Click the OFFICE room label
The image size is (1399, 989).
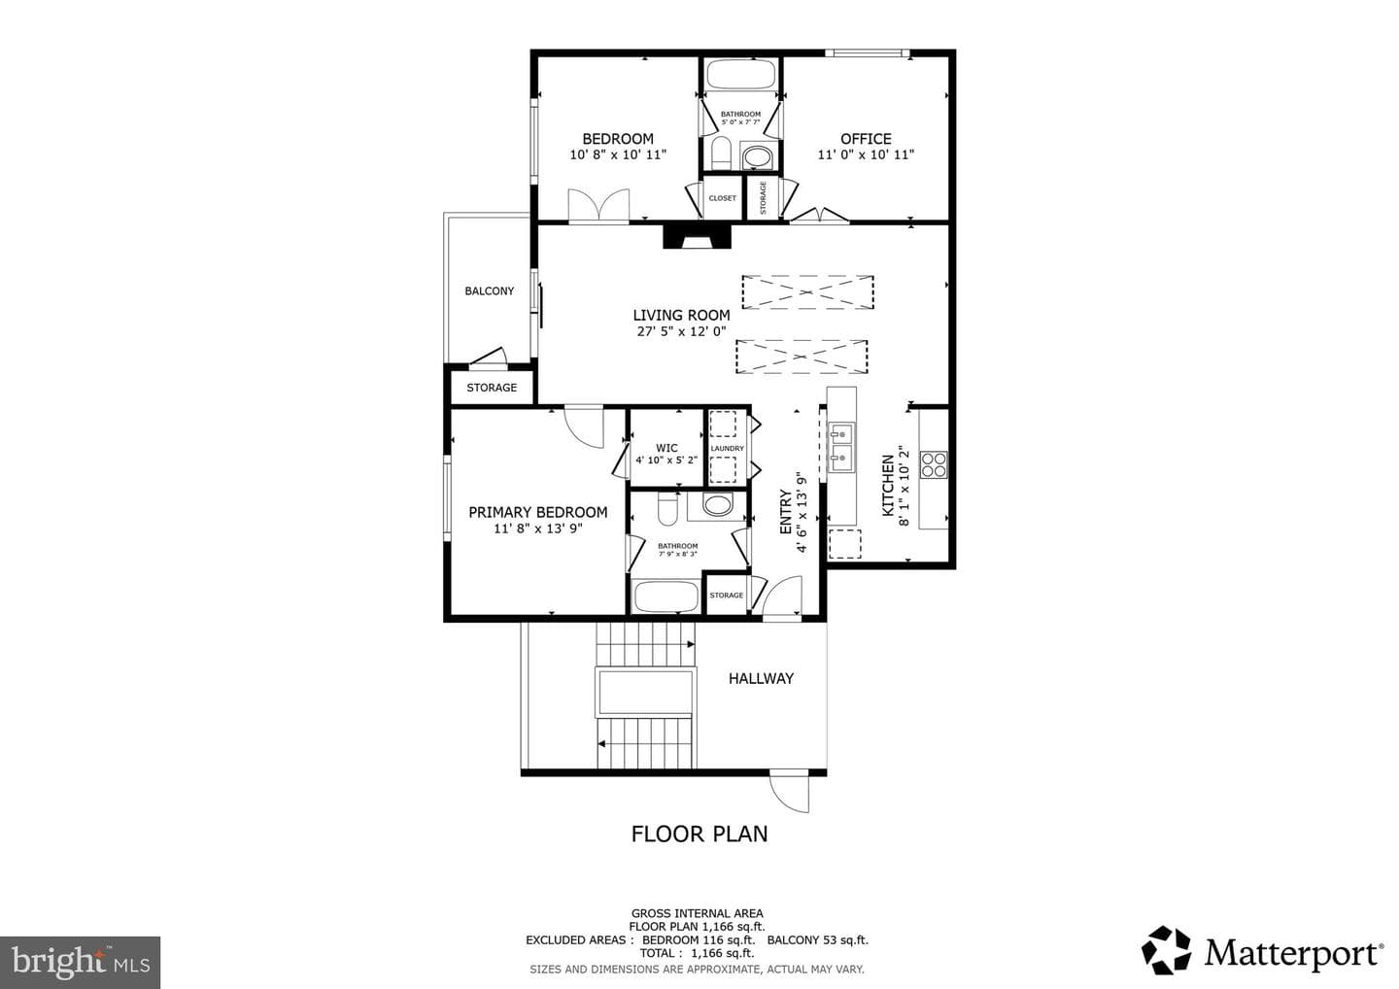point(866,139)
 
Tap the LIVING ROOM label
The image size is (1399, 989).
point(681,316)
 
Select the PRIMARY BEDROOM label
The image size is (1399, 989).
point(538,513)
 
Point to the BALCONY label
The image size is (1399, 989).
point(489,290)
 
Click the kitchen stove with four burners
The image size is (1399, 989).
point(934,465)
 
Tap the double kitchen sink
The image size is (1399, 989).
point(841,448)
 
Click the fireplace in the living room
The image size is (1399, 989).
point(697,237)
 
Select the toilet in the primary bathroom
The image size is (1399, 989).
point(667,509)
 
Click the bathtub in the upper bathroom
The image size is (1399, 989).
point(740,74)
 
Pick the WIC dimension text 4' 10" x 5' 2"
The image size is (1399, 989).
point(666,460)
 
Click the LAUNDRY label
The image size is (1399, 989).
point(727,448)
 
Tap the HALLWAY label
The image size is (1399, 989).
point(761,679)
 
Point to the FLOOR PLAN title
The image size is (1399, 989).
point(699,835)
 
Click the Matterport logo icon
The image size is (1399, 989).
point(1166,950)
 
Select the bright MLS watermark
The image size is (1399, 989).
point(80,962)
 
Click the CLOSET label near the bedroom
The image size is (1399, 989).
point(723,198)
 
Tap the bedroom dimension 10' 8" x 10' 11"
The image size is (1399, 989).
point(618,154)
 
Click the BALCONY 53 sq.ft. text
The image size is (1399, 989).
point(818,939)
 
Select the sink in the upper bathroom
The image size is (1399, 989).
point(758,156)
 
